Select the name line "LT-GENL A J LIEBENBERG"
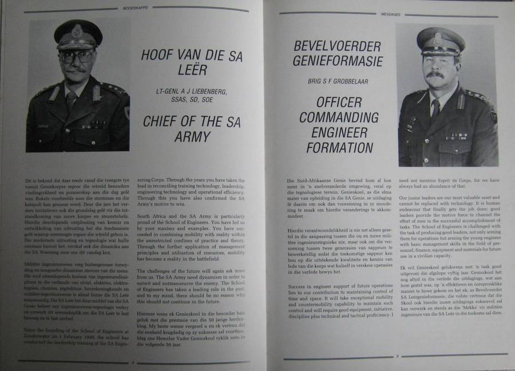(x=183, y=92)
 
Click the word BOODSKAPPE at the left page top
(x=132, y=9)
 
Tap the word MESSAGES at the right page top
(x=389, y=14)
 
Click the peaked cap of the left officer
(x=78, y=33)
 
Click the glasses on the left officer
(x=77, y=56)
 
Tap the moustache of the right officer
(x=435, y=74)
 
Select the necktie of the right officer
(x=435, y=108)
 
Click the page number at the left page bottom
(x=132, y=362)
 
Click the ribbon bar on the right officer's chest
(x=457, y=136)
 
